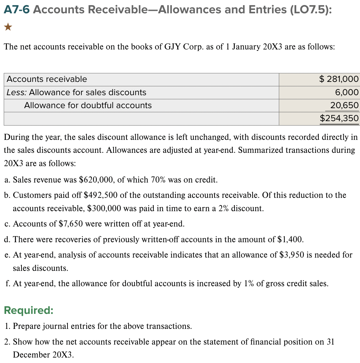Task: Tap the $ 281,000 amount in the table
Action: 339,79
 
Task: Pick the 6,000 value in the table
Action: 347,92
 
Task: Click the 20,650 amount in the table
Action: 344,105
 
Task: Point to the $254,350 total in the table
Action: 339,118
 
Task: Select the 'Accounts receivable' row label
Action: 47,79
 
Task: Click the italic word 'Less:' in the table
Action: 17,92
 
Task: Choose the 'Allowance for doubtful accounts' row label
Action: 88,105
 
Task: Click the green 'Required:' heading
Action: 28,310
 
